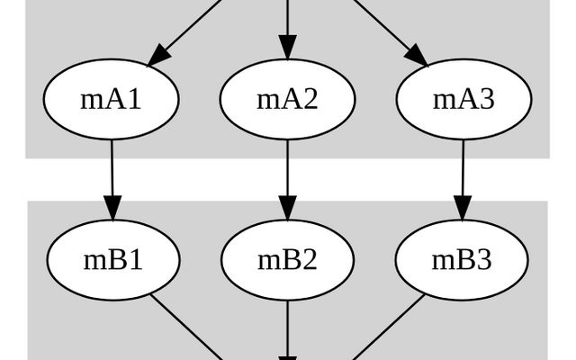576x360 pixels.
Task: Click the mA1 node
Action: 112,99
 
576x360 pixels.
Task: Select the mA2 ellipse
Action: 287,99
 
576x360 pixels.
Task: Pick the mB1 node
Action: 112,260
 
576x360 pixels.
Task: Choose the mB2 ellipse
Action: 287,260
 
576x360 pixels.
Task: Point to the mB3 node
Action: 462,260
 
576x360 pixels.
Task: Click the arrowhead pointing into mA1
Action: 158,55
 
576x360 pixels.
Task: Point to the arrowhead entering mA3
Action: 417,55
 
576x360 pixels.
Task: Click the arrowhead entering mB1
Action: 112,209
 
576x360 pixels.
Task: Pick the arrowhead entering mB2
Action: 287,209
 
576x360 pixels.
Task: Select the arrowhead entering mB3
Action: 463,209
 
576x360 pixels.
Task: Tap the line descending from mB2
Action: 287,328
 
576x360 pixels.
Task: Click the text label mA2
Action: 287,99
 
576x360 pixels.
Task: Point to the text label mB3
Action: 462,260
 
